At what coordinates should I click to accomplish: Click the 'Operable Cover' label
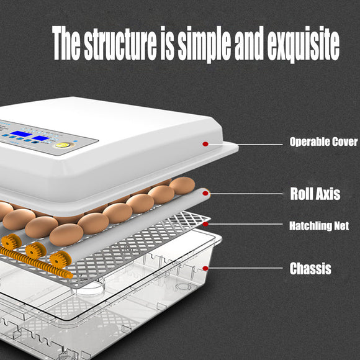coord(323,142)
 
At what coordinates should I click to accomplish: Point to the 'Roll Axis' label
coord(315,194)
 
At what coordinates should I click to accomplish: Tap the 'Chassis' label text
coord(310,269)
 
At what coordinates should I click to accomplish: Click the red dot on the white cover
coord(205,144)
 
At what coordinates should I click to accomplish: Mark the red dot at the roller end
coord(206,193)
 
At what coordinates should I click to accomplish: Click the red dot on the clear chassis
coord(206,268)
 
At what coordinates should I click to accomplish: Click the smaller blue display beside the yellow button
coord(42,138)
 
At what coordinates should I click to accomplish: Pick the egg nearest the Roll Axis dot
coord(182,185)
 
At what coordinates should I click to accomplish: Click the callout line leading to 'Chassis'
coord(248,269)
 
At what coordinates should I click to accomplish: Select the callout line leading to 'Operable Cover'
coord(248,144)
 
